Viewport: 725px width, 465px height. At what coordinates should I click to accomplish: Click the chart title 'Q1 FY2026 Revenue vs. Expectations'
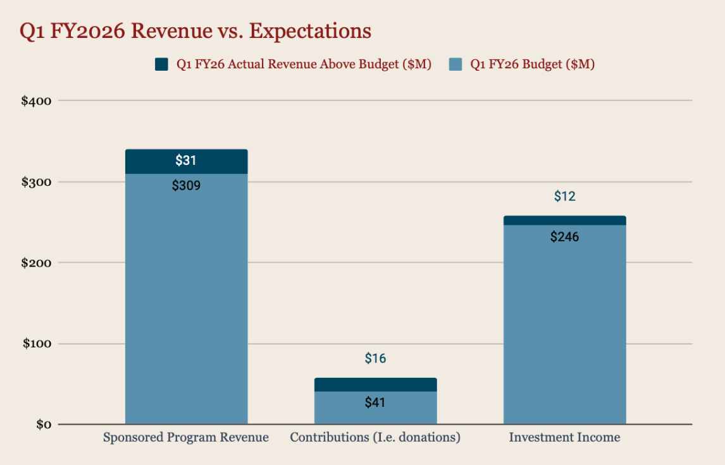(x=195, y=31)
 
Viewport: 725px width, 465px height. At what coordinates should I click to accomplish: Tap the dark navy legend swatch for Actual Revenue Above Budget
(x=162, y=64)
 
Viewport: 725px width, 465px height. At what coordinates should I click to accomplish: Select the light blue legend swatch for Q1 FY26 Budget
(x=455, y=64)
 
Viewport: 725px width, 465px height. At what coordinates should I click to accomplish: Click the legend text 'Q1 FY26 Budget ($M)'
(x=532, y=64)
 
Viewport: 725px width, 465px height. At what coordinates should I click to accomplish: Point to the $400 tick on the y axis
(x=37, y=101)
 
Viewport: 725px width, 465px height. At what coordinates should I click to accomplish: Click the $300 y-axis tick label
(x=37, y=182)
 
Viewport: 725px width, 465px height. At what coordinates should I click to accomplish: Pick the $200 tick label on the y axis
(x=37, y=263)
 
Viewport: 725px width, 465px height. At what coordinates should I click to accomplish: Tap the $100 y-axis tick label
(x=37, y=344)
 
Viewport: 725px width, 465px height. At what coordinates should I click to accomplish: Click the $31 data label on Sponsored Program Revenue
(x=186, y=160)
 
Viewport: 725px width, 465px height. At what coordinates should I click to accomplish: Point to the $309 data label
(x=186, y=186)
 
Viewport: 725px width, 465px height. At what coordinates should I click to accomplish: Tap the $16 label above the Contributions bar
(x=375, y=359)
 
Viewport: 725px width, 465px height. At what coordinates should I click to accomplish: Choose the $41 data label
(x=375, y=402)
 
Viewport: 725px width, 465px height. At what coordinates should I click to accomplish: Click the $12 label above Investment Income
(x=564, y=196)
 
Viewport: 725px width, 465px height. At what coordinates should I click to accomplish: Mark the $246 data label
(x=564, y=237)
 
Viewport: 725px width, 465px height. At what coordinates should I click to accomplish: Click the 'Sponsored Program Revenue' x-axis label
(x=186, y=437)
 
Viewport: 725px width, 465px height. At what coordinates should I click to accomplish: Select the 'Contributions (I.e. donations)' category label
(x=375, y=437)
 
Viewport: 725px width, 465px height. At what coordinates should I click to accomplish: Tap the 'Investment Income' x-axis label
(x=564, y=437)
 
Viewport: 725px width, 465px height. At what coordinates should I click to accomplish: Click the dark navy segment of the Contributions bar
(x=375, y=385)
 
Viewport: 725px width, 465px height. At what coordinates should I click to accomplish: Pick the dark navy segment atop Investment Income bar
(x=564, y=220)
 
